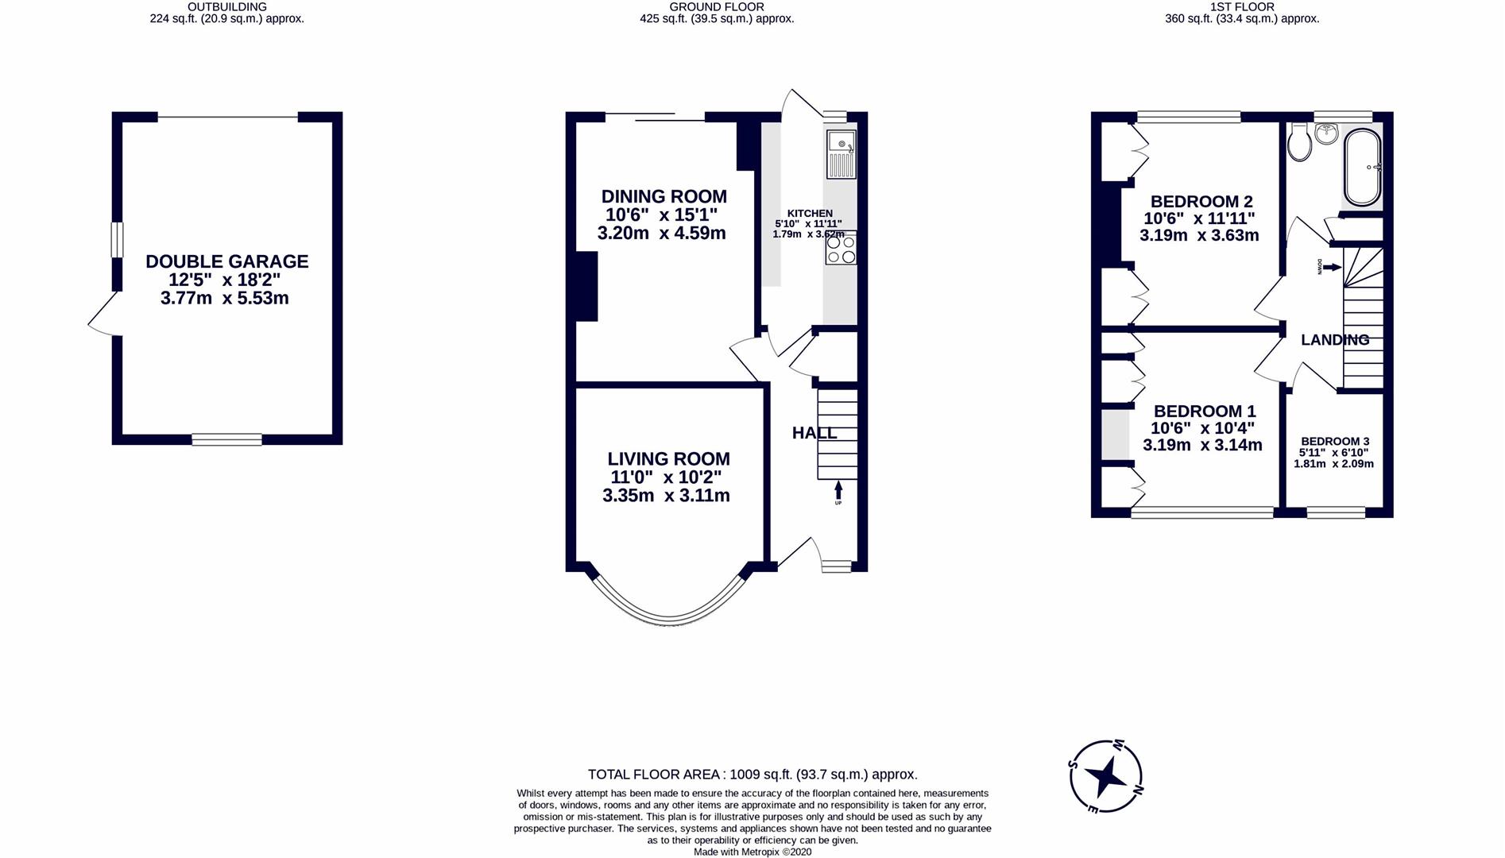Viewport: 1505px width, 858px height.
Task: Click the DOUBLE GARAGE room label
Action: [x=226, y=261]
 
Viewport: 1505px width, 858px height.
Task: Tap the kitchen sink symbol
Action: [x=841, y=154]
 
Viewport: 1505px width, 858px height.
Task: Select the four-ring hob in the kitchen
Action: [x=841, y=249]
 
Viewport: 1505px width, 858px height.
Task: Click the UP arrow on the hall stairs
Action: [x=838, y=492]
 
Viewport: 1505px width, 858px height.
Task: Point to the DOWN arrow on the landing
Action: [x=1330, y=267]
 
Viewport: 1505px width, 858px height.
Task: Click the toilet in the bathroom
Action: [x=1300, y=143]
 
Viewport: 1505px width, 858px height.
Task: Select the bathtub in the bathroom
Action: [x=1363, y=168]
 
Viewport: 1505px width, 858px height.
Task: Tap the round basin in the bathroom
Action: [x=1325, y=133]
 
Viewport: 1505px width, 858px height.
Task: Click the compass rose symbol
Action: [x=1105, y=776]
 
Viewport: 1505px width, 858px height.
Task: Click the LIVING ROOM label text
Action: [x=668, y=459]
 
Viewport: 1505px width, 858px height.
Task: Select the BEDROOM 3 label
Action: [x=1334, y=442]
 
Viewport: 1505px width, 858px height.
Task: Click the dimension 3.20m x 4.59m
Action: [x=661, y=234]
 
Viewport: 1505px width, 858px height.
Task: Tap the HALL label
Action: [x=814, y=433]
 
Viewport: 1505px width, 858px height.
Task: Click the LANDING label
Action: [x=1334, y=340]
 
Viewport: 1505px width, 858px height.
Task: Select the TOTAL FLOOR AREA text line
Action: [x=752, y=774]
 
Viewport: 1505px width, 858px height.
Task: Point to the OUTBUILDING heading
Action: [x=226, y=6]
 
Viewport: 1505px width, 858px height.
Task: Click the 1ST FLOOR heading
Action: [x=1241, y=6]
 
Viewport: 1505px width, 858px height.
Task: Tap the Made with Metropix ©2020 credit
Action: [x=752, y=852]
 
